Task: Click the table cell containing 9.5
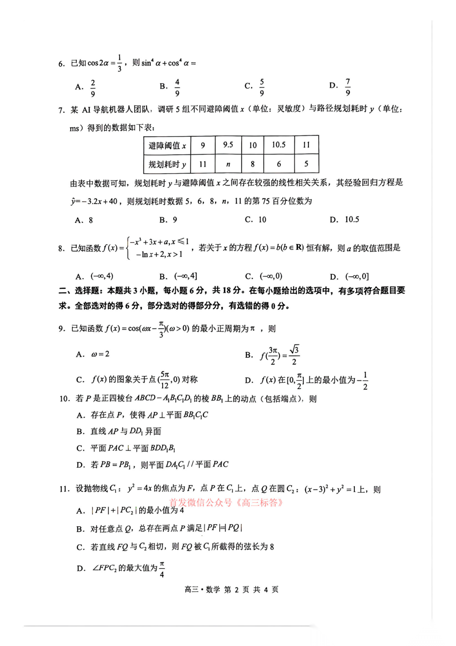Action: (228, 145)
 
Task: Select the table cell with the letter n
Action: (228, 164)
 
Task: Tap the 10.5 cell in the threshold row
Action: (279, 145)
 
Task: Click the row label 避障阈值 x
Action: (167, 146)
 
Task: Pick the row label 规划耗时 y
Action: (167, 164)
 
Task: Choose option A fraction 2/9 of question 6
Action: (92, 87)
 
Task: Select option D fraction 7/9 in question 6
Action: (348, 87)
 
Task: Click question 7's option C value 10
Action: (262, 220)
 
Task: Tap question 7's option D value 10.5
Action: (352, 220)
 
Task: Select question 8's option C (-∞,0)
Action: (271, 276)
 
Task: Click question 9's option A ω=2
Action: (100, 354)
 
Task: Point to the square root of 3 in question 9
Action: (294, 349)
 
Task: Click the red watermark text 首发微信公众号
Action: (200, 502)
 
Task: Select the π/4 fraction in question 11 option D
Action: (162, 569)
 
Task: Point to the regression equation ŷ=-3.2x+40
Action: (95, 201)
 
